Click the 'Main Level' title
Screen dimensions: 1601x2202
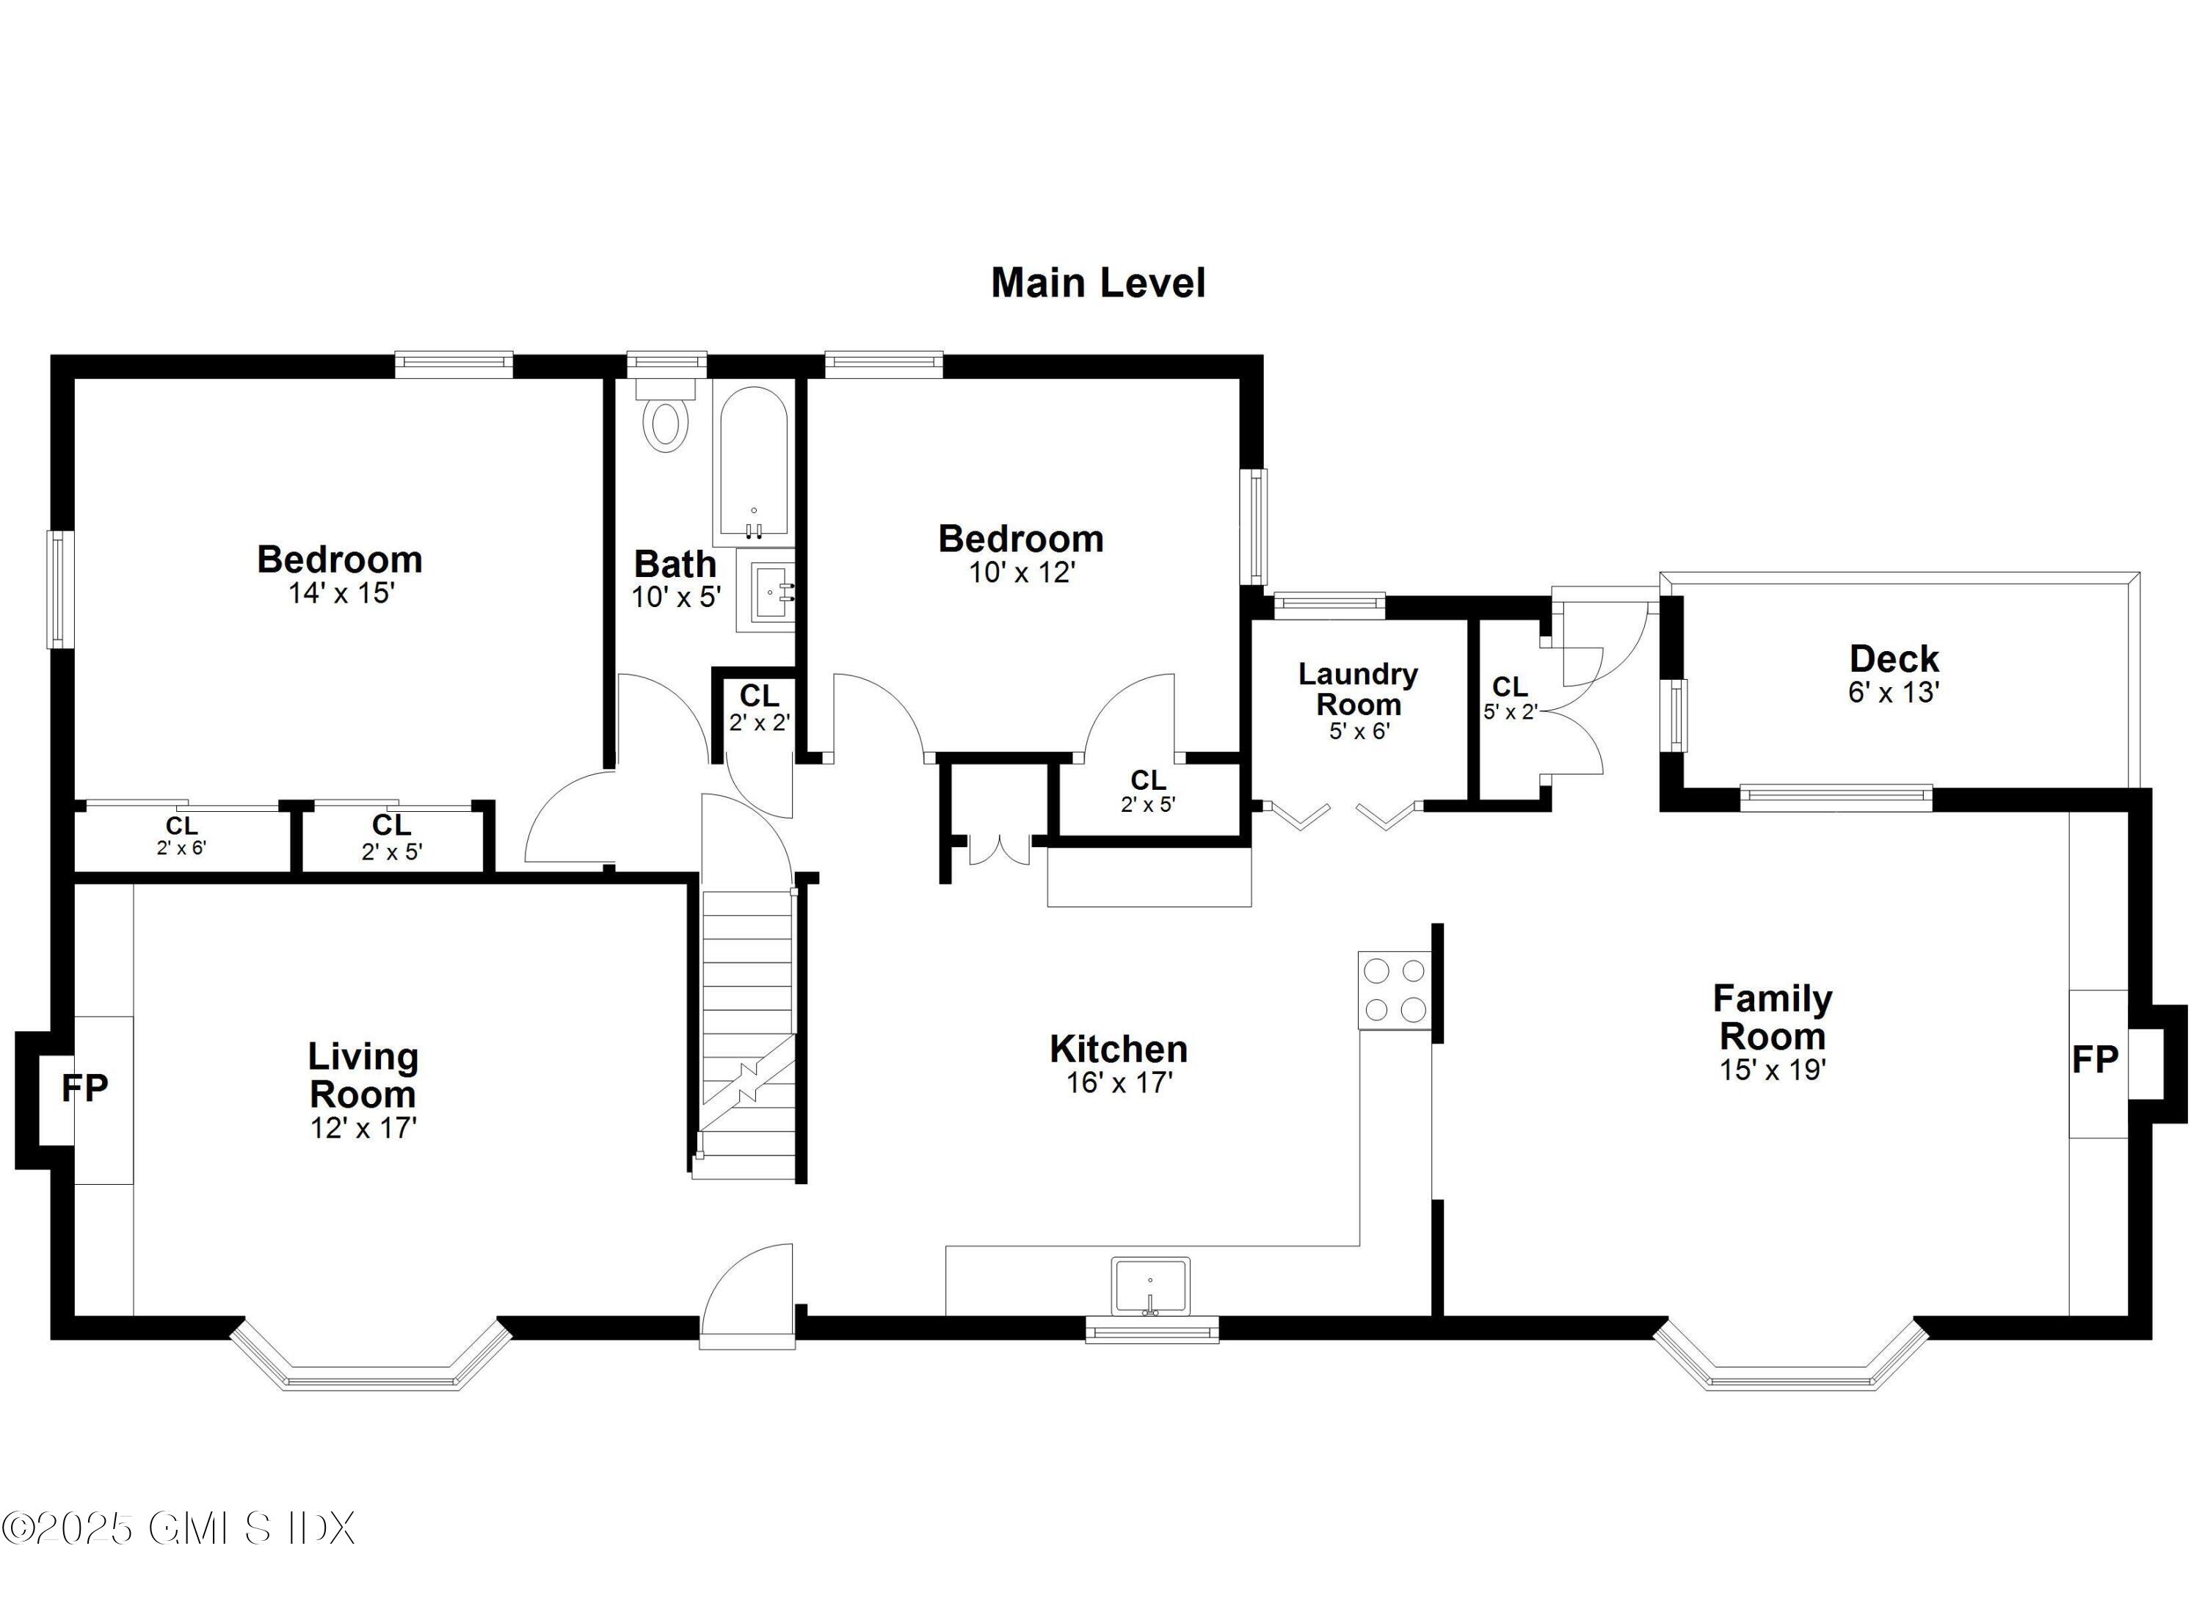(1097, 283)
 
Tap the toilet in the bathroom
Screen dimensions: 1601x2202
(666, 418)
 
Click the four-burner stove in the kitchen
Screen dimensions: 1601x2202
(1394, 990)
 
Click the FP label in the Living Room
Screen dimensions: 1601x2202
(84, 1089)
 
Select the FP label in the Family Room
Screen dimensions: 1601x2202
(2094, 1059)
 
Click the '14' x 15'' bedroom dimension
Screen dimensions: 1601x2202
(341, 593)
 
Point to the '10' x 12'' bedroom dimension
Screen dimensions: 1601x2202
(1022, 573)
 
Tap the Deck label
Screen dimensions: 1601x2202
(1893, 659)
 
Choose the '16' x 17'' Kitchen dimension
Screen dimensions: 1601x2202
(1119, 1083)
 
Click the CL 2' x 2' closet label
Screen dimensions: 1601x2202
(759, 708)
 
